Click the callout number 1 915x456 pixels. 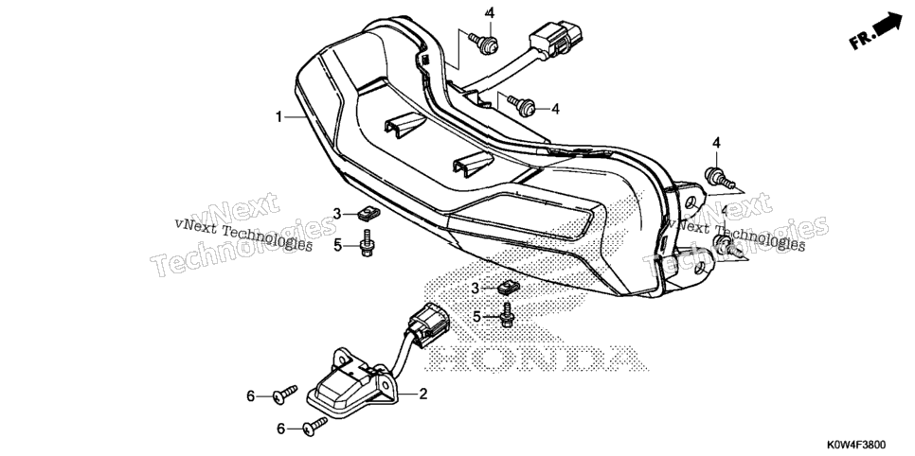pyautogui.click(x=279, y=117)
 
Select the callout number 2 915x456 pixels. pyautogui.click(x=423, y=395)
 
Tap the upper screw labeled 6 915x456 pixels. pyautogui.click(x=285, y=395)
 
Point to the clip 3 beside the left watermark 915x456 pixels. pyautogui.click(x=368, y=215)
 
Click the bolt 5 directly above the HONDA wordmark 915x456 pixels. pyautogui.click(x=507, y=314)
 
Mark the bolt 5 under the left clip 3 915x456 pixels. pyautogui.click(x=367, y=243)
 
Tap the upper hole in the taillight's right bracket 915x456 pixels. pyautogui.click(x=691, y=202)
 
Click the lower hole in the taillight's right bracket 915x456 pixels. pyautogui.click(x=700, y=270)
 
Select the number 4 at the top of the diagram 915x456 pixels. pyautogui.click(x=490, y=13)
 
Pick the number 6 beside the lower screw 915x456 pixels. pyautogui.click(x=280, y=429)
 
